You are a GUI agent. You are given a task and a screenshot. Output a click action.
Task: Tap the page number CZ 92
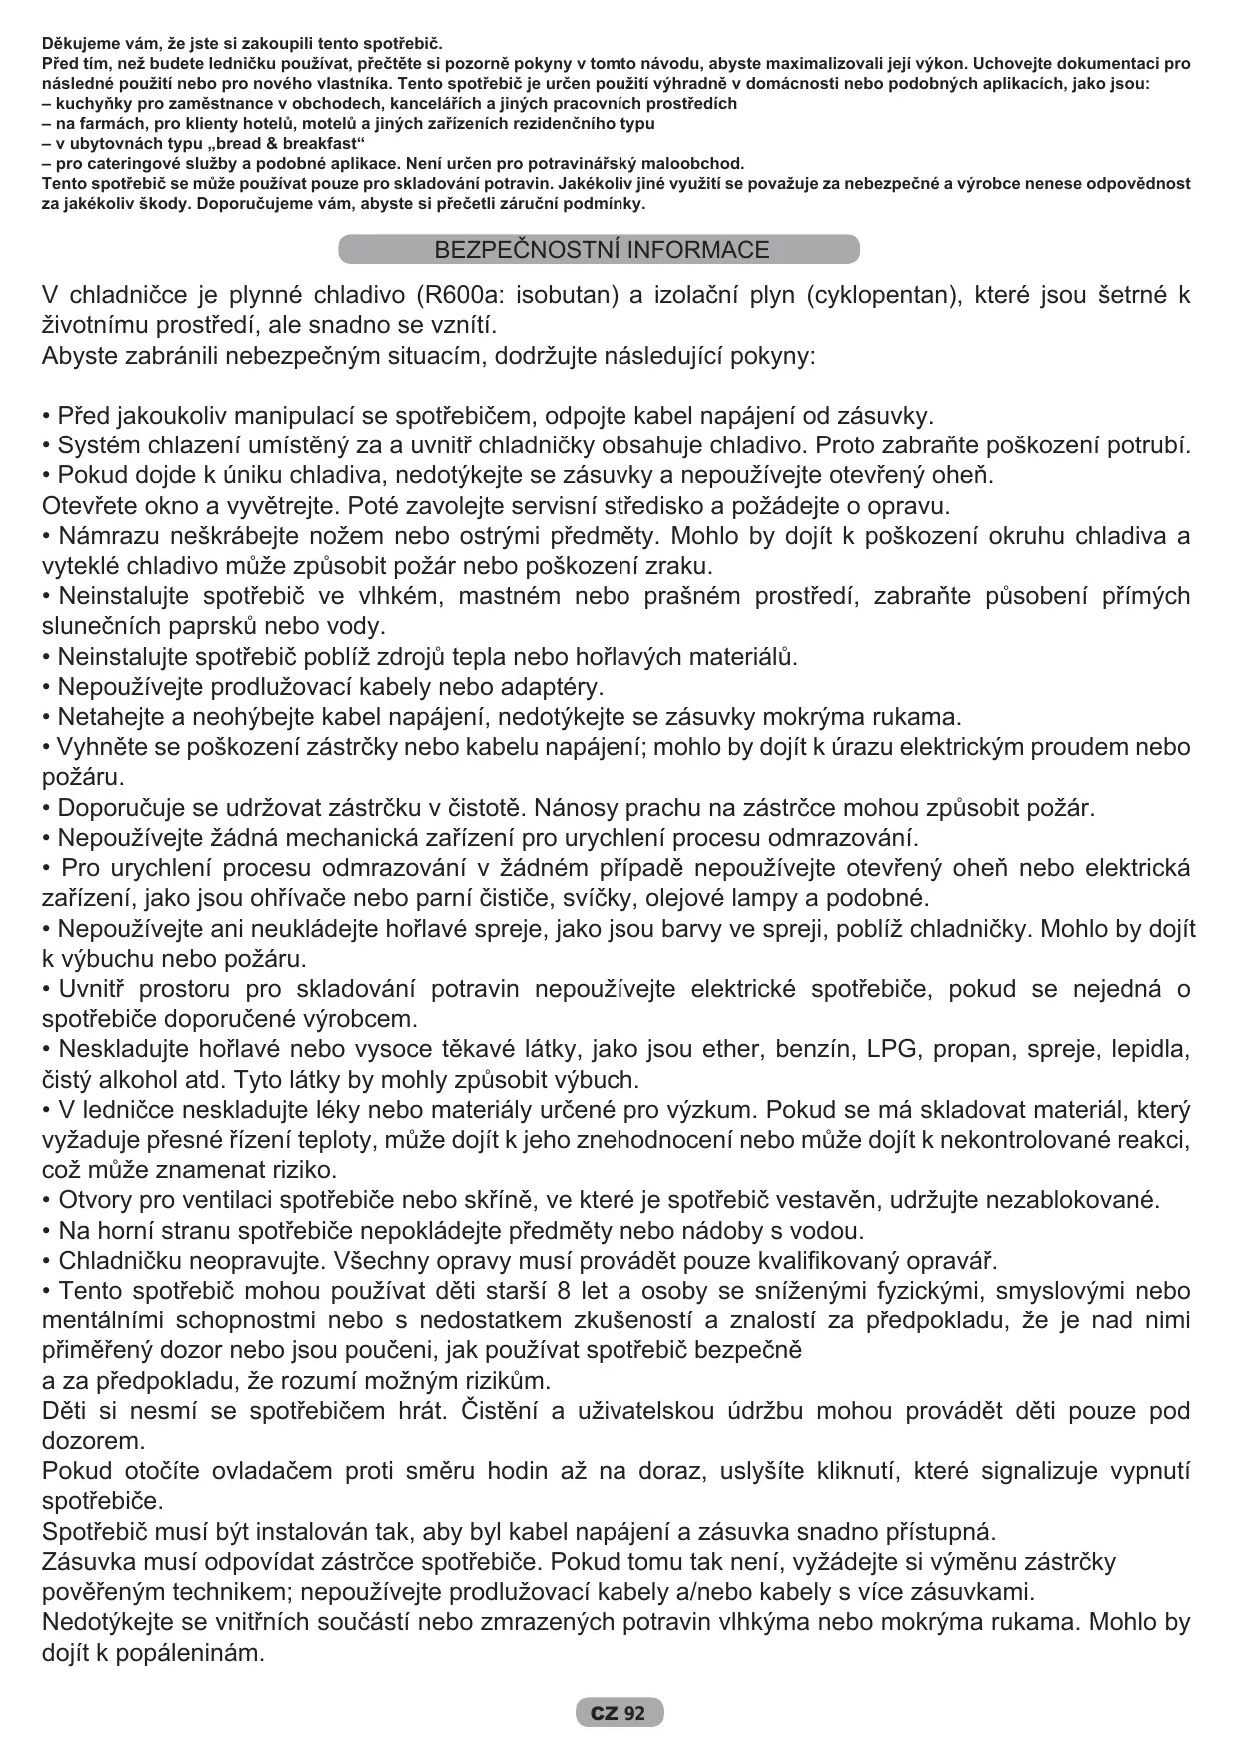click(619, 1713)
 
